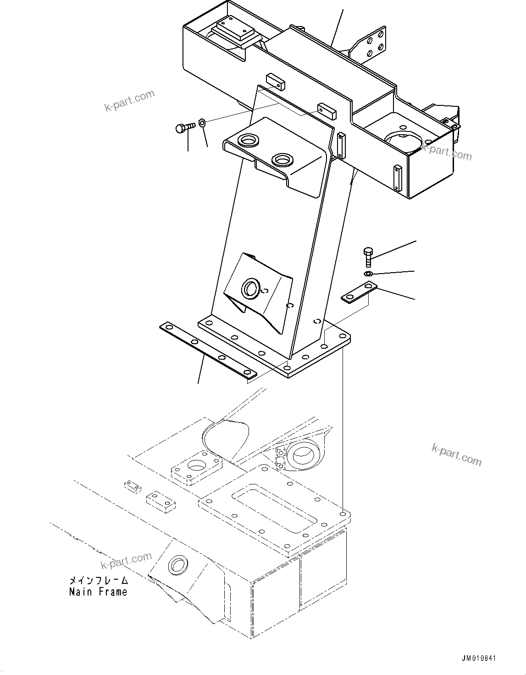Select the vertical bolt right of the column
367,257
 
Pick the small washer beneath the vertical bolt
368,274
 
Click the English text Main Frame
98,592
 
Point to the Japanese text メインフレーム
98,580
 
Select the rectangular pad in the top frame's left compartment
236,32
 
